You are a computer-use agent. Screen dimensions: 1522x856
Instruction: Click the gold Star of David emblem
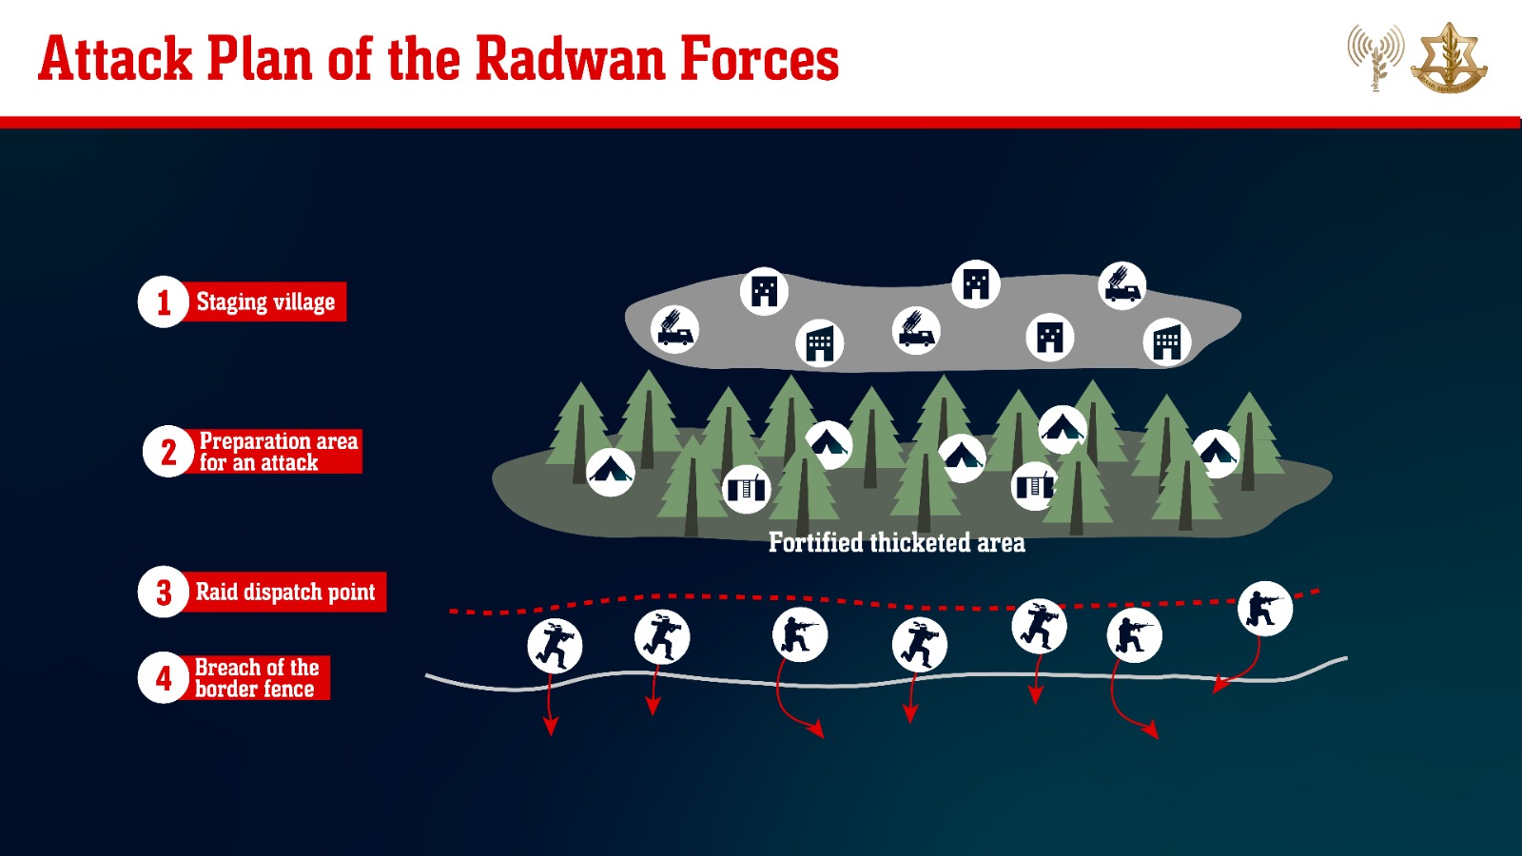[1449, 58]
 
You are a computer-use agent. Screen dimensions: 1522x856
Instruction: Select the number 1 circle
[163, 302]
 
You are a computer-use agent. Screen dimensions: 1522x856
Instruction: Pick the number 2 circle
[168, 451]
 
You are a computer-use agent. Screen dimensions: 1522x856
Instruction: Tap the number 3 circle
[163, 592]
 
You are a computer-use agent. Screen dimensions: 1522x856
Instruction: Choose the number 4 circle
[163, 677]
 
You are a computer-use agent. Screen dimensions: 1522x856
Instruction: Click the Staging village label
[265, 302]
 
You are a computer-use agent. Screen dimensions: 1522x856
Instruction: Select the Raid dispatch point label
[285, 592]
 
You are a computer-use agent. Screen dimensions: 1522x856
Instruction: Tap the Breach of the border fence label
[257, 677]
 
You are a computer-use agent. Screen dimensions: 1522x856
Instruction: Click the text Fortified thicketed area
[896, 543]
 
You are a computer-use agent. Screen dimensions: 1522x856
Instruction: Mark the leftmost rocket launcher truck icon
[674, 330]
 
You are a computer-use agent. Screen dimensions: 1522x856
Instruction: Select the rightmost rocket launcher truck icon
[1122, 286]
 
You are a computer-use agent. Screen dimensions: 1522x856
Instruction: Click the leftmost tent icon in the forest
[610, 472]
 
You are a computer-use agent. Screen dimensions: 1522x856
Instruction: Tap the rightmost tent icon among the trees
[1216, 454]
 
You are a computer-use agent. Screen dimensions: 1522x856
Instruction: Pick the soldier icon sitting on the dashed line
[1264, 609]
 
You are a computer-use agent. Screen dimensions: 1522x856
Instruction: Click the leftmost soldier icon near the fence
[555, 646]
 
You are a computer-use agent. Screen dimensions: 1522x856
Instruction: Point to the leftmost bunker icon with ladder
[746, 489]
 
